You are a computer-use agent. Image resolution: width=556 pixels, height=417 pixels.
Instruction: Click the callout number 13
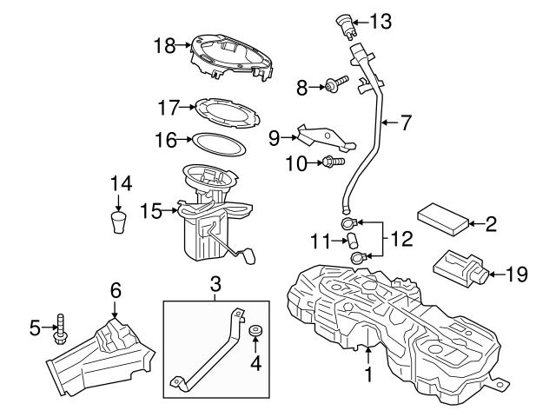(x=382, y=19)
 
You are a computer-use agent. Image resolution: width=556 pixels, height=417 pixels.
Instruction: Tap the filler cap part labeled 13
(x=347, y=24)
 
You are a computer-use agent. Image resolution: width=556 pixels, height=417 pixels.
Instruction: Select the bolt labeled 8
(x=334, y=85)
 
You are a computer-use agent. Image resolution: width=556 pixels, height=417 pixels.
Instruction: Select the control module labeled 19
(x=459, y=268)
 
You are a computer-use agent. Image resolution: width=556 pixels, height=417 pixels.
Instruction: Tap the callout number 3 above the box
(x=215, y=282)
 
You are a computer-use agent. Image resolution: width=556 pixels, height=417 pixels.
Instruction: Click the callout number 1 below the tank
(x=368, y=375)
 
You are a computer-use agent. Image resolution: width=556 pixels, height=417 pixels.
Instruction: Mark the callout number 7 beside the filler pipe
(x=405, y=122)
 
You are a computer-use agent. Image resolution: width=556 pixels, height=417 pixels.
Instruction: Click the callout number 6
(x=114, y=288)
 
